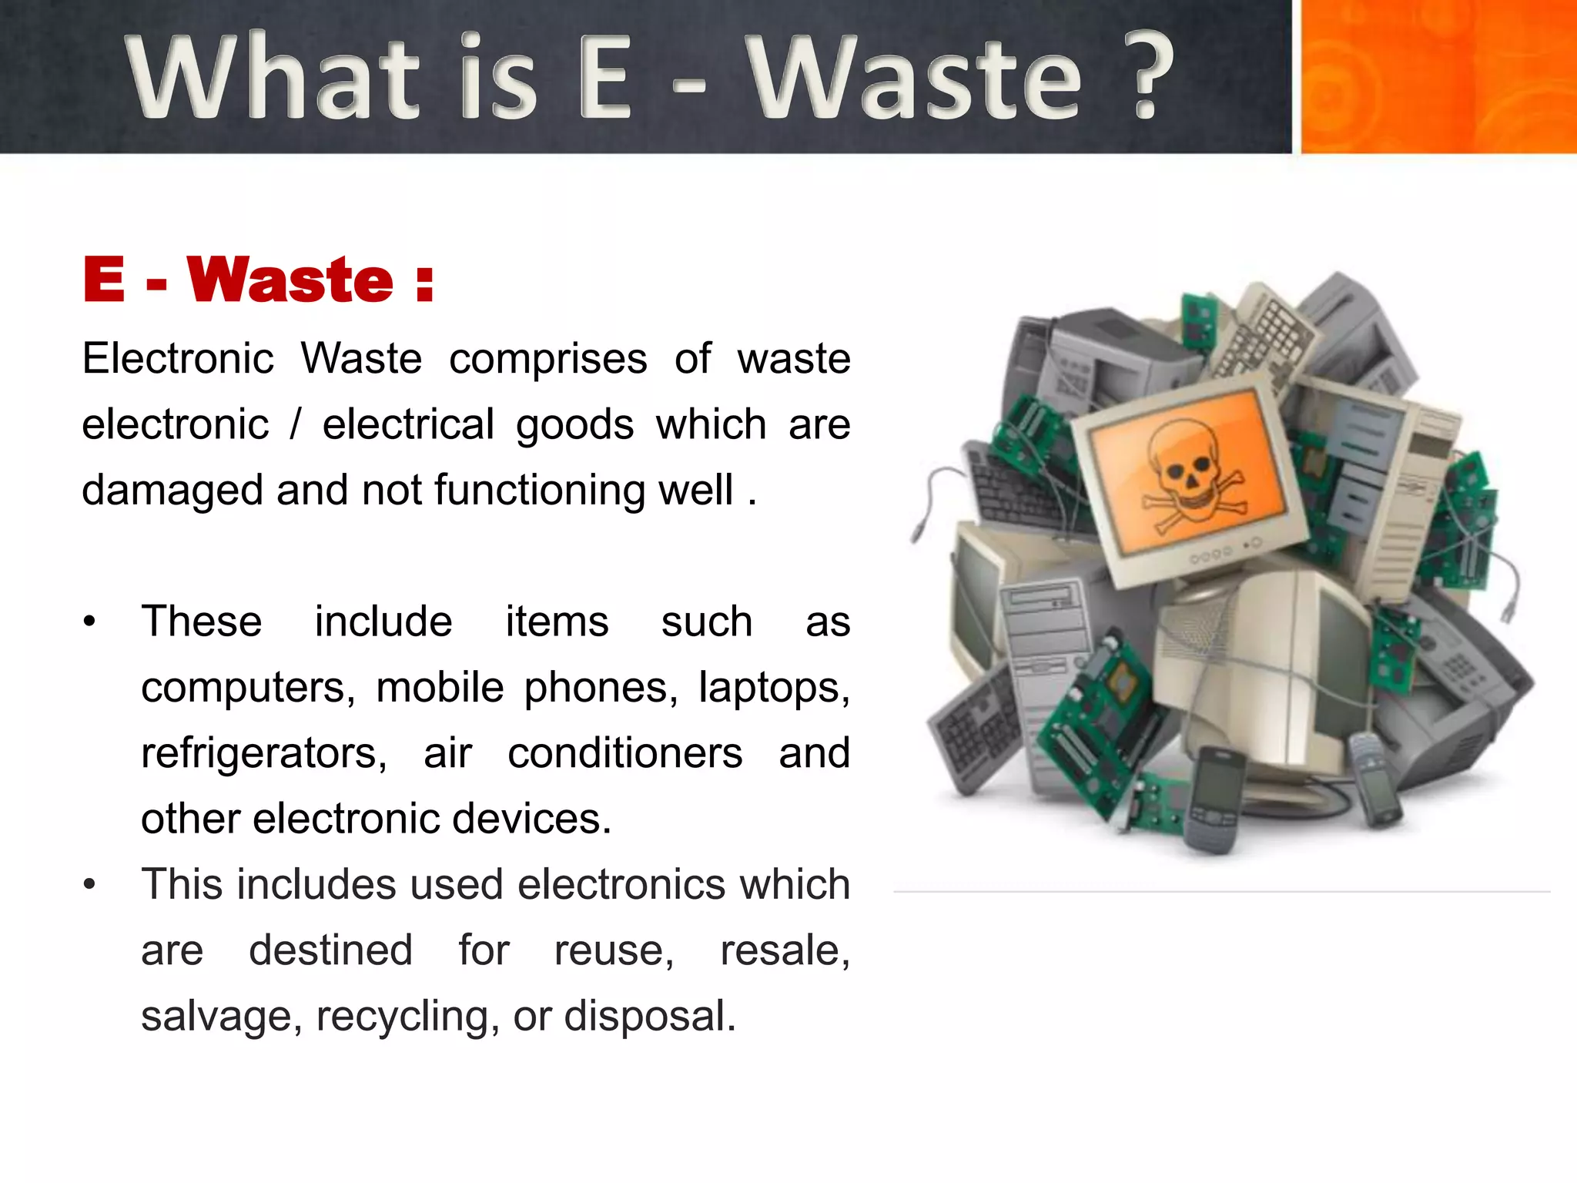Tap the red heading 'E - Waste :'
258,280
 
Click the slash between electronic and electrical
295,425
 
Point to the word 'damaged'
172,491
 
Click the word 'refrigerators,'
264,753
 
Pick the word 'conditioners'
624,753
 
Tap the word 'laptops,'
774,688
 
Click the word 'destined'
330,950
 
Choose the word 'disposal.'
650,1016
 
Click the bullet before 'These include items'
90,622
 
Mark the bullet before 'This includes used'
90,885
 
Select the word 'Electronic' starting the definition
178,360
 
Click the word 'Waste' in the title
916,78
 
